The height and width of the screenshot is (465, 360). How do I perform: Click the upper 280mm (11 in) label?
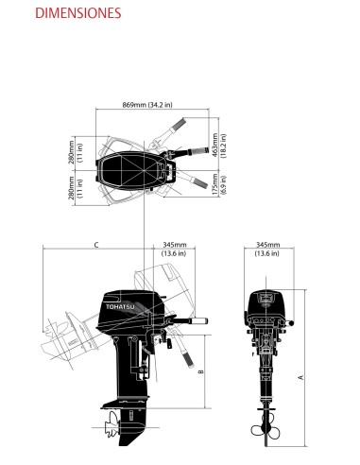(x=75, y=152)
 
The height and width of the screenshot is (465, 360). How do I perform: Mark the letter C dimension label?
(x=96, y=246)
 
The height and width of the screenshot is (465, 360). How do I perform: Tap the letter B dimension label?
(x=201, y=371)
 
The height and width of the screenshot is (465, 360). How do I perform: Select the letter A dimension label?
(x=300, y=376)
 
